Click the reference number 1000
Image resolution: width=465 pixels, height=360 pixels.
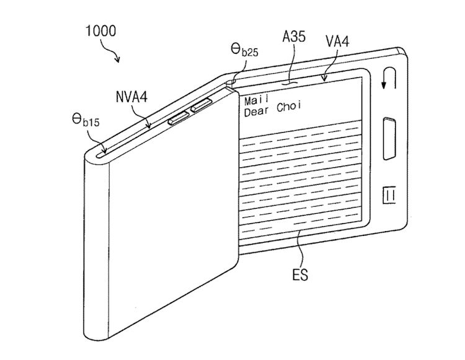[x=100, y=31]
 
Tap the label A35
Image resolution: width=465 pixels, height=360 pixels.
[x=294, y=37]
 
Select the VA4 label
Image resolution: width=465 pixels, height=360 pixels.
[x=337, y=41]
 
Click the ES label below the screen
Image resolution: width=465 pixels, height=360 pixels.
[x=300, y=274]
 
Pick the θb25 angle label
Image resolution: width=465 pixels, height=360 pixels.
[x=244, y=50]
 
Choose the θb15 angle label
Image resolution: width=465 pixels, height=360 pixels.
[x=86, y=120]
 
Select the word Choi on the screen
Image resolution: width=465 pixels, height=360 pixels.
[x=289, y=107]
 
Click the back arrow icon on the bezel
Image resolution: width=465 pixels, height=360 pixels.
[x=389, y=78]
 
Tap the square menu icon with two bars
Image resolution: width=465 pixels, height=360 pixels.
[x=389, y=195]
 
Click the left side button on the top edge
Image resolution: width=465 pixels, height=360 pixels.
[x=179, y=118]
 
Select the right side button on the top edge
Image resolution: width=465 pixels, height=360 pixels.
[x=201, y=106]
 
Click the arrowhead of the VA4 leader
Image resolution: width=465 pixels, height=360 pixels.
[x=324, y=78]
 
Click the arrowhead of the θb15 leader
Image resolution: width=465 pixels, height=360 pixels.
[x=104, y=151]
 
